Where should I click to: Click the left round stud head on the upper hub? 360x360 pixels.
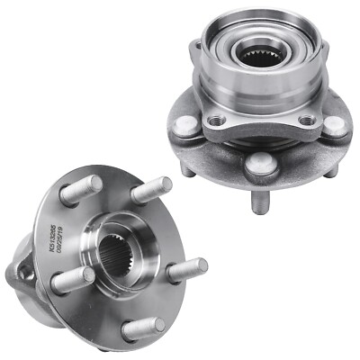click(x=184, y=125)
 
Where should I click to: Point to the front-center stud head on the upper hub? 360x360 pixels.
click(x=262, y=163)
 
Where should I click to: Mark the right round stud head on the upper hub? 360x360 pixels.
click(x=335, y=125)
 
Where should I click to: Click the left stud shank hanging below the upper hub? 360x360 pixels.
click(x=185, y=167)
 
